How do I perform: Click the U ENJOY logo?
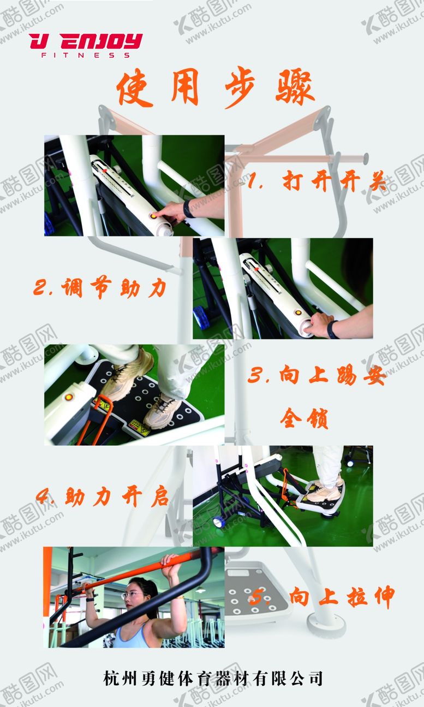86,45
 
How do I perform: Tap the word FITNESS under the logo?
86,55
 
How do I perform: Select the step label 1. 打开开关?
317,181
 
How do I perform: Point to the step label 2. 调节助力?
100,287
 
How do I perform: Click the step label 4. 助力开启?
102,497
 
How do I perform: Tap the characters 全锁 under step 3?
304,419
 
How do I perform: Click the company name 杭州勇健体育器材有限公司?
213,678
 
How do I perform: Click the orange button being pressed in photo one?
153,216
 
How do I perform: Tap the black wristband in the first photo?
188,209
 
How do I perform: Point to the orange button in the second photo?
297,313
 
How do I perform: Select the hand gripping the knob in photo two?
320,325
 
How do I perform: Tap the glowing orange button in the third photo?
68,397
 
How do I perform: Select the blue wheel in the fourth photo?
218,522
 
